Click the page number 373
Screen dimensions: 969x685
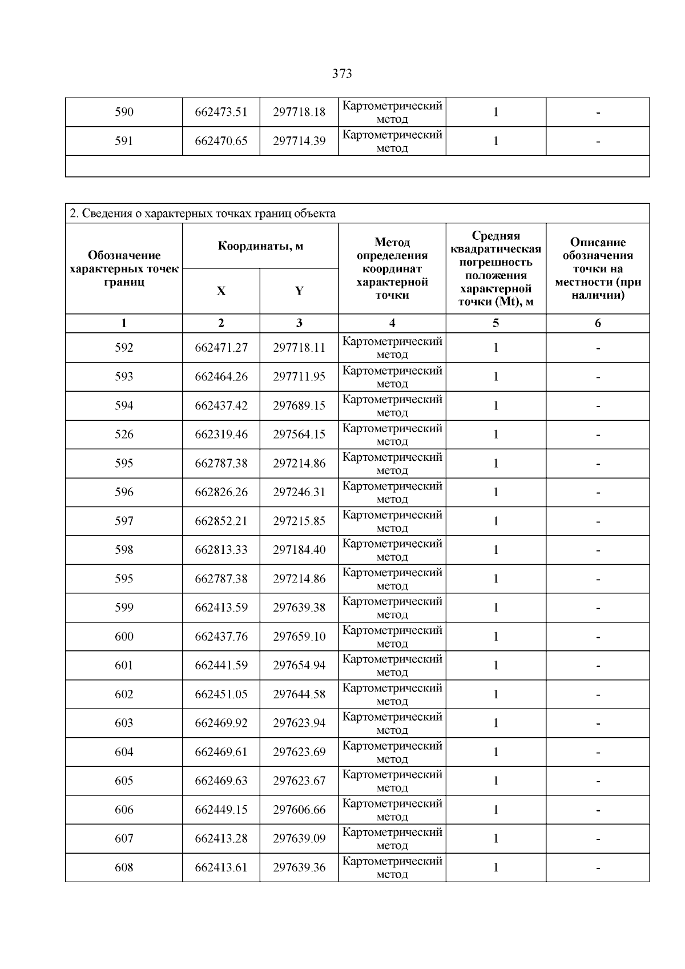[x=342, y=74]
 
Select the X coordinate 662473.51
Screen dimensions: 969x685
[x=221, y=112]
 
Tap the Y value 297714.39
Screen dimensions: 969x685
[x=299, y=141]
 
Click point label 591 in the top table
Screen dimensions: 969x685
[x=124, y=141]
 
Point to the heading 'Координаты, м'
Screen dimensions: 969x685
[x=260, y=246]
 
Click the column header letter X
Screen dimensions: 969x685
[x=221, y=291]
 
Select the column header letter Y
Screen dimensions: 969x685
[x=299, y=291]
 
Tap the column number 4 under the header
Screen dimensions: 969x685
[x=392, y=323]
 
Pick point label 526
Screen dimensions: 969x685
[x=124, y=435]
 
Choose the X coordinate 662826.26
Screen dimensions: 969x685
[x=221, y=492]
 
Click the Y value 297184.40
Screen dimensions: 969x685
[x=299, y=550]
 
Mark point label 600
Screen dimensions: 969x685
[x=124, y=637]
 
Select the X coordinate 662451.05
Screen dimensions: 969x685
[x=221, y=694]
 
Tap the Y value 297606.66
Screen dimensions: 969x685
[x=299, y=810]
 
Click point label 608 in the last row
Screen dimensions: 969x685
[x=124, y=867]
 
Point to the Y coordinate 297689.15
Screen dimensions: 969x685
[x=299, y=406]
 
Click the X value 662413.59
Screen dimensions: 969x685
[x=221, y=608]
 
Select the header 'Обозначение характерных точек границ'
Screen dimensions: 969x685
[x=124, y=268]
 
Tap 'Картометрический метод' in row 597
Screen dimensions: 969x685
[x=392, y=521]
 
